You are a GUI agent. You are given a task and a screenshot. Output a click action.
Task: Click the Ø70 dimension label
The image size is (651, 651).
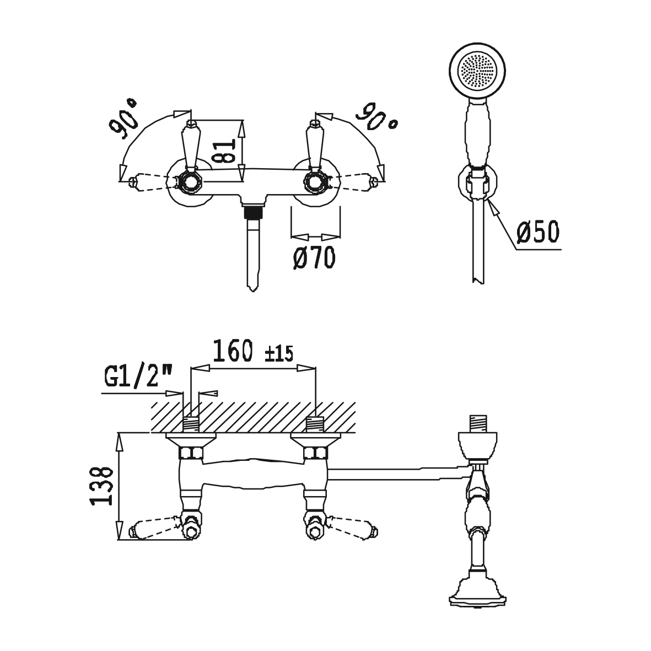coord(314,258)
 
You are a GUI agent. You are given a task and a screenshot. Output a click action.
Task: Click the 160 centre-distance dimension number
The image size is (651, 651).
coord(233,351)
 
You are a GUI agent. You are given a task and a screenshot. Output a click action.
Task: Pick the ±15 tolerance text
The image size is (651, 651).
coord(278,354)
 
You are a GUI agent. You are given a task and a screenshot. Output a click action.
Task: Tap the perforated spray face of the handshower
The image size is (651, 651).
coord(477,70)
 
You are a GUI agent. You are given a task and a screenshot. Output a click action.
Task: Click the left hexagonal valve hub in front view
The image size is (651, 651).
coord(191,181)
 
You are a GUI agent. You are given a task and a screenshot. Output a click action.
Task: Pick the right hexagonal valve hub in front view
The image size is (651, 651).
coord(314,181)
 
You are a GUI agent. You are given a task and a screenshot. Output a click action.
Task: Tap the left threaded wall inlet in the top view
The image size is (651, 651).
coord(191,424)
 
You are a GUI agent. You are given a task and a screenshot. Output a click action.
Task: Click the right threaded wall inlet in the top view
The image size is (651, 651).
coord(315,424)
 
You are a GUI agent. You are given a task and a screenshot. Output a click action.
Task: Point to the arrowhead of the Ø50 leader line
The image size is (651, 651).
coord(494,207)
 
